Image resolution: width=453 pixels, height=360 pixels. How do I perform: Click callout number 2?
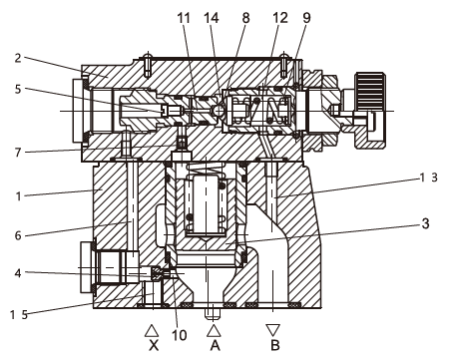pos(18,59)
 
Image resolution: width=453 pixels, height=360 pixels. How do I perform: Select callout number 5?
pos(18,89)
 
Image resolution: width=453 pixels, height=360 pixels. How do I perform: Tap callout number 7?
pos(18,153)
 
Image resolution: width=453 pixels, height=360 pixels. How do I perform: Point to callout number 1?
pos(19,196)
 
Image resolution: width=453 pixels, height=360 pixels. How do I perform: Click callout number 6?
pos(18,235)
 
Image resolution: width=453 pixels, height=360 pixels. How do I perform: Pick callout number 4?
pos(18,273)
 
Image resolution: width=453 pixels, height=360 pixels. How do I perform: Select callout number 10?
pos(180,335)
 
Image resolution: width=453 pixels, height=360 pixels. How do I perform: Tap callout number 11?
pos(184,18)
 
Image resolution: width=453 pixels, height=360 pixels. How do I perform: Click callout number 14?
pos(212,18)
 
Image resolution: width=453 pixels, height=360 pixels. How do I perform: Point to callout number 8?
pos(245,18)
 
